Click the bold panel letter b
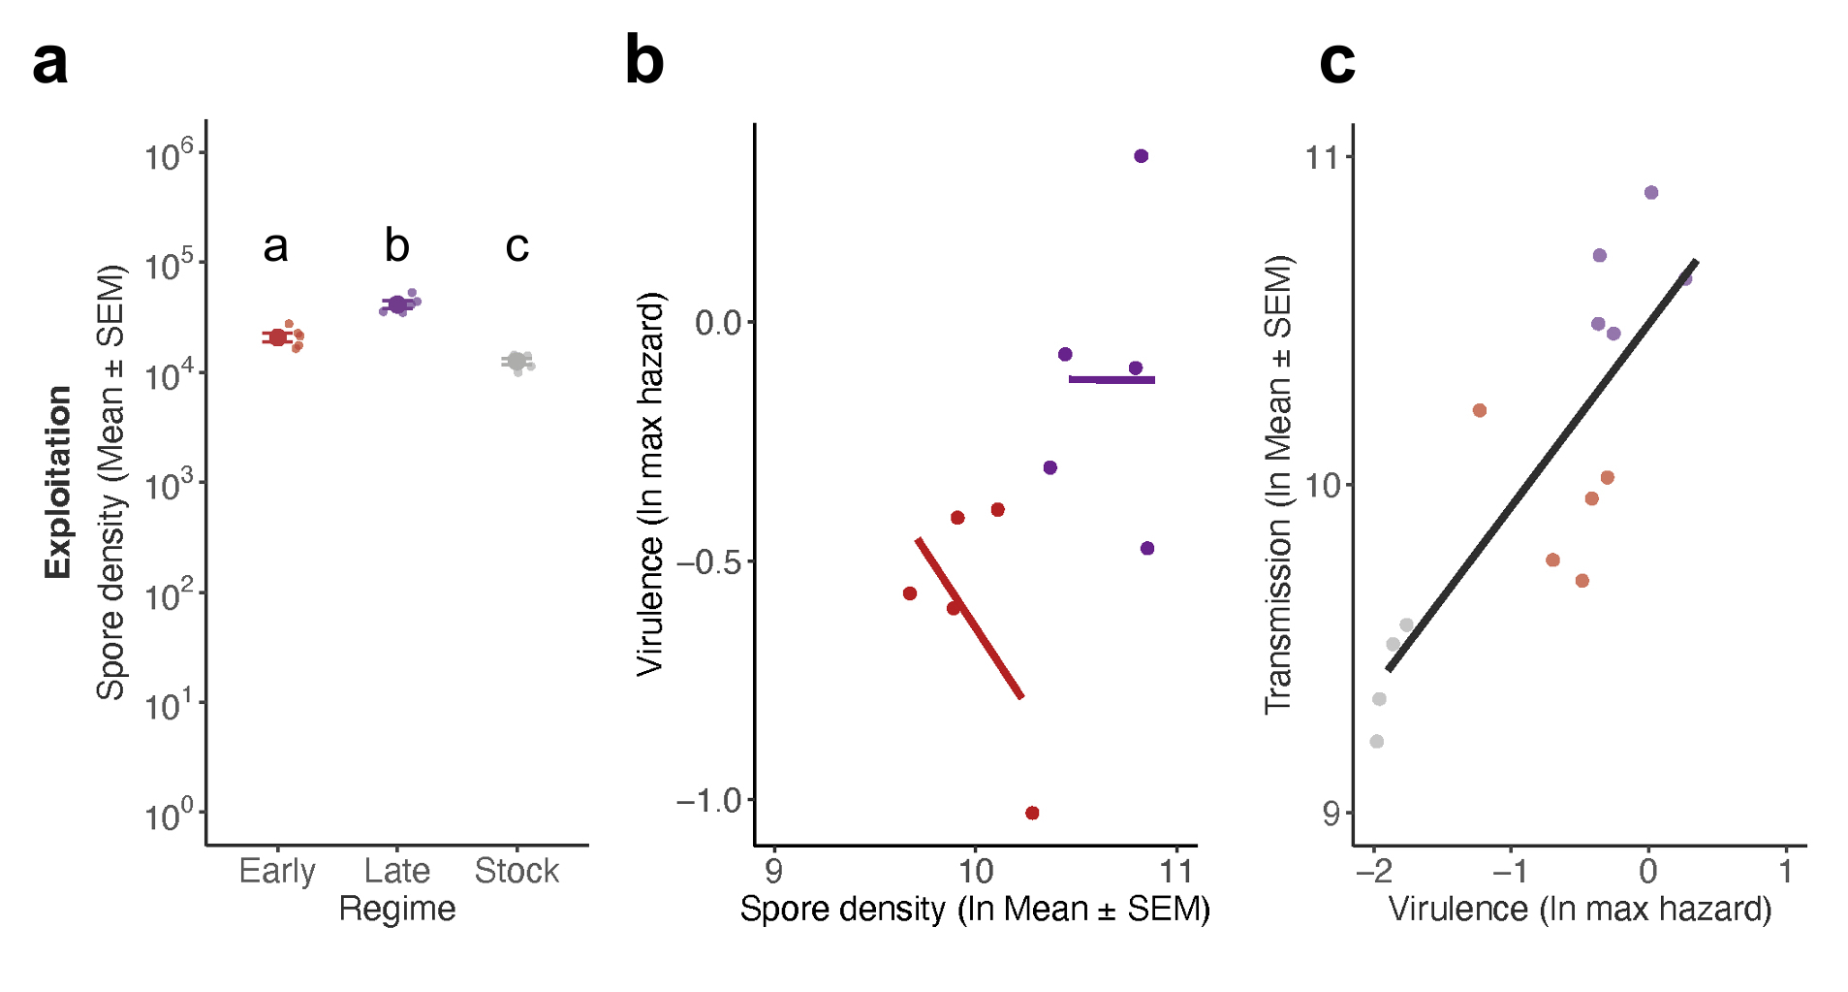click(x=644, y=60)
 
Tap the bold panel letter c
click(x=1337, y=62)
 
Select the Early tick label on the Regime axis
click(x=277, y=871)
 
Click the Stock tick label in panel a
click(x=517, y=871)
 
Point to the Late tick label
click(x=397, y=871)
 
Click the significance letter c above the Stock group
click(x=517, y=246)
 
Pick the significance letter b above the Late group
click(x=397, y=246)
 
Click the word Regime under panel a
click(x=397, y=910)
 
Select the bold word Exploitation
click(x=58, y=482)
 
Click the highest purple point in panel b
click(x=1142, y=156)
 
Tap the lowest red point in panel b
click(x=1032, y=813)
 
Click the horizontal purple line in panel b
click(x=1112, y=379)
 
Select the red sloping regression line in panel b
click(x=969, y=618)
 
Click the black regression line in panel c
click(x=1541, y=465)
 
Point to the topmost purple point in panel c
click(x=1651, y=193)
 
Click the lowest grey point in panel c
click(x=1377, y=742)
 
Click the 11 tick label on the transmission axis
click(x=1323, y=157)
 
